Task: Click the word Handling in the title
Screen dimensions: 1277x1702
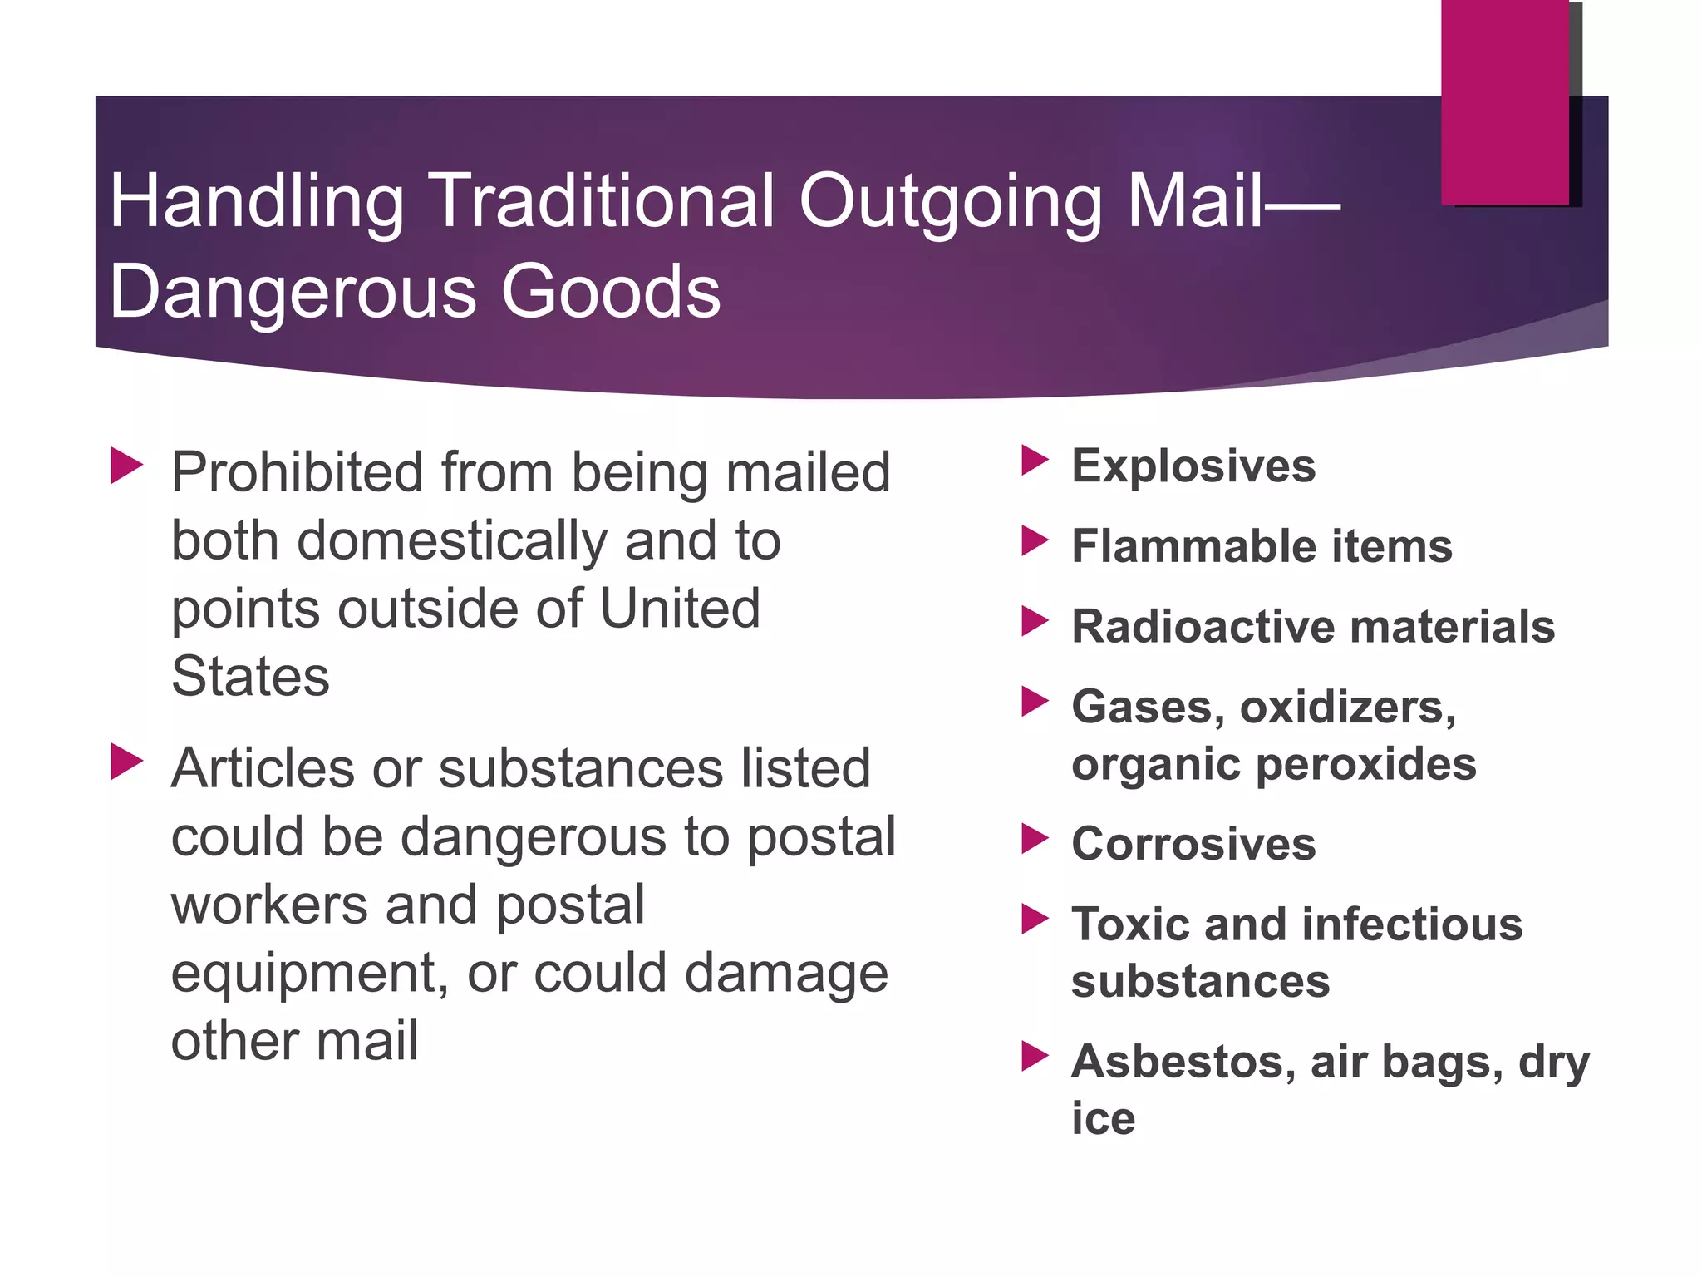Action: coord(257,201)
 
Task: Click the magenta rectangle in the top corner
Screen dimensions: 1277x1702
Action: coord(1504,101)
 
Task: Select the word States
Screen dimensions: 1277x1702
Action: coord(250,676)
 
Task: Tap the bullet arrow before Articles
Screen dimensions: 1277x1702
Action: coord(126,762)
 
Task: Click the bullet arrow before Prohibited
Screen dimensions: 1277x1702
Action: coord(126,466)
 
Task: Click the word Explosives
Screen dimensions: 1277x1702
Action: coord(1193,466)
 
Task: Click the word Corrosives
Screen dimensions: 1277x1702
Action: coord(1193,844)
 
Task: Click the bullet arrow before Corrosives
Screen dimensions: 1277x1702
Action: coord(1035,839)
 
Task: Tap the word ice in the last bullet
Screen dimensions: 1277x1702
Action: coord(1103,1118)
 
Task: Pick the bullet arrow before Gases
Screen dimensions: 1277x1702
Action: coord(1035,702)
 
